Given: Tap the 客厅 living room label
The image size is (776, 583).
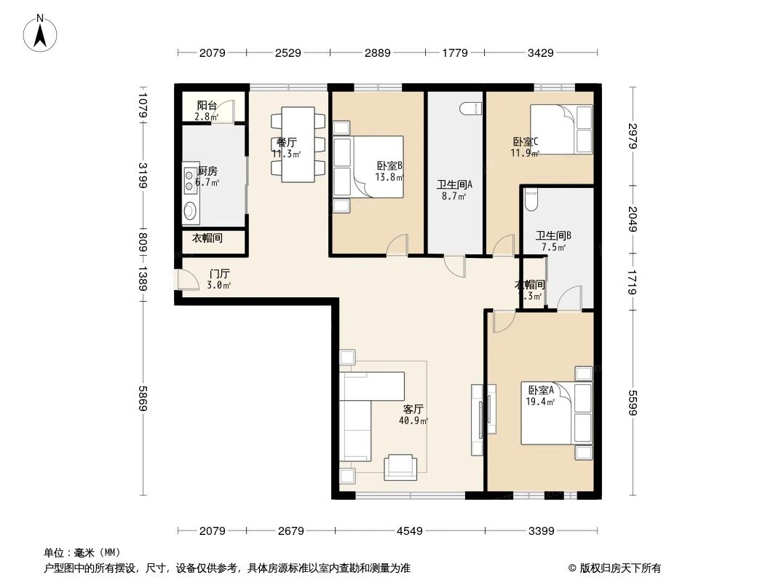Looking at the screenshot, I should [x=413, y=410].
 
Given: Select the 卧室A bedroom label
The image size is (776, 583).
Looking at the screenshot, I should [x=540, y=391].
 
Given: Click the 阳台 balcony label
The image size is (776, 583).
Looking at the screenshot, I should [x=206, y=106].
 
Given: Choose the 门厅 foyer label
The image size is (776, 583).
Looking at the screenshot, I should [x=219, y=274].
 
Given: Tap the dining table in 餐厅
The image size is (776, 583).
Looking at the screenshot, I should [x=298, y=145].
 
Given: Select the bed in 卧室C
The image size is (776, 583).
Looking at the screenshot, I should [x=561, y=129].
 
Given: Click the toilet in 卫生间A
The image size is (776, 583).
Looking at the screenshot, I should [x=471, y=109].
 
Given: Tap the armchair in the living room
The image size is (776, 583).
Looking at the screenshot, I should [x=401, y=467].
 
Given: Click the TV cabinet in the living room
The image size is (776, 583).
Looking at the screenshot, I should [x=477, y=419].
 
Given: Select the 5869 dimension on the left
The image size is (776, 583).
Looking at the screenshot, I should [x=143, y=397].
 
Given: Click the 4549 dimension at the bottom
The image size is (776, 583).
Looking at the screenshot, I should [x=409, y=531].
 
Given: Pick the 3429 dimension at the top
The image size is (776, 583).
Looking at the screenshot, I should [x=541, y=52].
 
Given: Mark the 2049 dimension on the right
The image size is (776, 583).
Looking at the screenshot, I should [x=632, y=219].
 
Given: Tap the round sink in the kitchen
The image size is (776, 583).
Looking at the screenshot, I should [x=190, y=212].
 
